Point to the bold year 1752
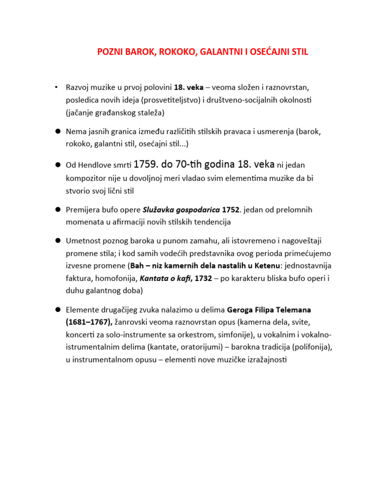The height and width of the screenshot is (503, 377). tap(231, 210)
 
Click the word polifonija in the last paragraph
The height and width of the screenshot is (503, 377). tap(310, 347)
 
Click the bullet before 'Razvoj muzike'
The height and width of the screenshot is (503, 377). tap(57, 88)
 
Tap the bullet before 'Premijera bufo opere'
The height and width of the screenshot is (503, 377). tap(57, 210)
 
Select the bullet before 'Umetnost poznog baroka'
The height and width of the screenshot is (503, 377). tap(57, 241)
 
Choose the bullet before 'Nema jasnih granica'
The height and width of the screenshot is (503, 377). tap(57, 132)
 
